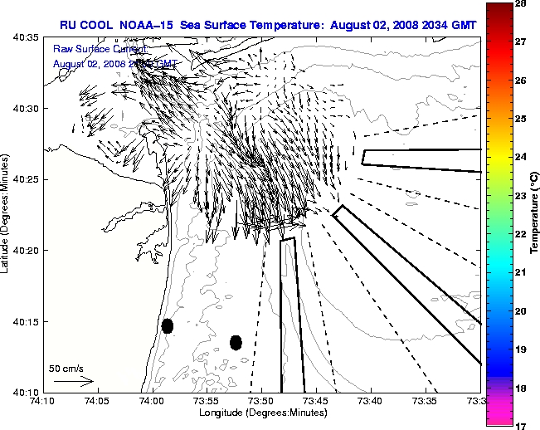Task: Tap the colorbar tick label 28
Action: [523, 5]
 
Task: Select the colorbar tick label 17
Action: [523, 425]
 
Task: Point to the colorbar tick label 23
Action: [523, 196]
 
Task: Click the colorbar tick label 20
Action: [523, 310]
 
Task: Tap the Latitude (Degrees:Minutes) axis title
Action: [6, 213]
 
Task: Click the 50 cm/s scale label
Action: [66, 368]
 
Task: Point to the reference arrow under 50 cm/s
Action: [73, 381]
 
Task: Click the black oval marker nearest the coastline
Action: [168, 325]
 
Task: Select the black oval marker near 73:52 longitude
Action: [236, 342]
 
